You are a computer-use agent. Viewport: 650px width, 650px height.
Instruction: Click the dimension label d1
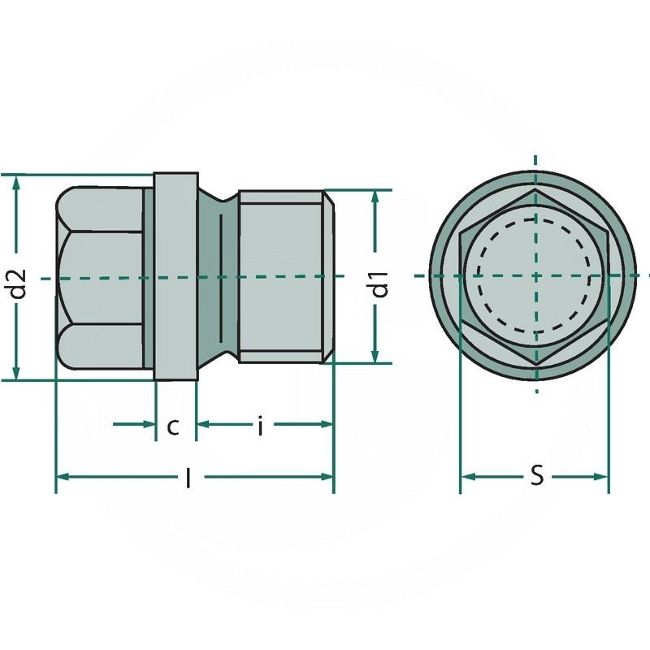pyautogui.click(x=379, y=288)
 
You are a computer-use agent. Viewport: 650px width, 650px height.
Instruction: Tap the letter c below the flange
pyautogui.click(x=173, y=426)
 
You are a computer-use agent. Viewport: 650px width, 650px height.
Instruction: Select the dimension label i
pyautogui.click(x=260, y=426)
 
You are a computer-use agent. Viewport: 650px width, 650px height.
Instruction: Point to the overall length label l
pyautogui.click(x=188, y=479)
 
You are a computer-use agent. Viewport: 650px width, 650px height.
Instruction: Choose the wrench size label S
pyautogui.click(x=536, y=477)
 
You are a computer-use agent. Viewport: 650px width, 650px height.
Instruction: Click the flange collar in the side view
pyautogui.click(x=175, y=276)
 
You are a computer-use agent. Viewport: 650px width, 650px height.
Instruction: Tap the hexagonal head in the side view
pyautogui.click(x=102, y=276)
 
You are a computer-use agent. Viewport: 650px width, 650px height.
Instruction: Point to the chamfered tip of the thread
pyautogui.click(x=329, y=276)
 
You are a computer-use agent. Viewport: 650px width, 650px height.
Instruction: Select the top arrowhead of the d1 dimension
pyautogui.click(x=375, y=197)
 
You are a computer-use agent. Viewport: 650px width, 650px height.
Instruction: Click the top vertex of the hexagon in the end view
pyautogui.click(x=535, y=191)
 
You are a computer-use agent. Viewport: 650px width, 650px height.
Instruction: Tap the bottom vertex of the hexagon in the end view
pyautogui.click(x=535, y=362)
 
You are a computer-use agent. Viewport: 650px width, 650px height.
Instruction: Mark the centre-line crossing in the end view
pyautogui.click(x=535, y=276)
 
